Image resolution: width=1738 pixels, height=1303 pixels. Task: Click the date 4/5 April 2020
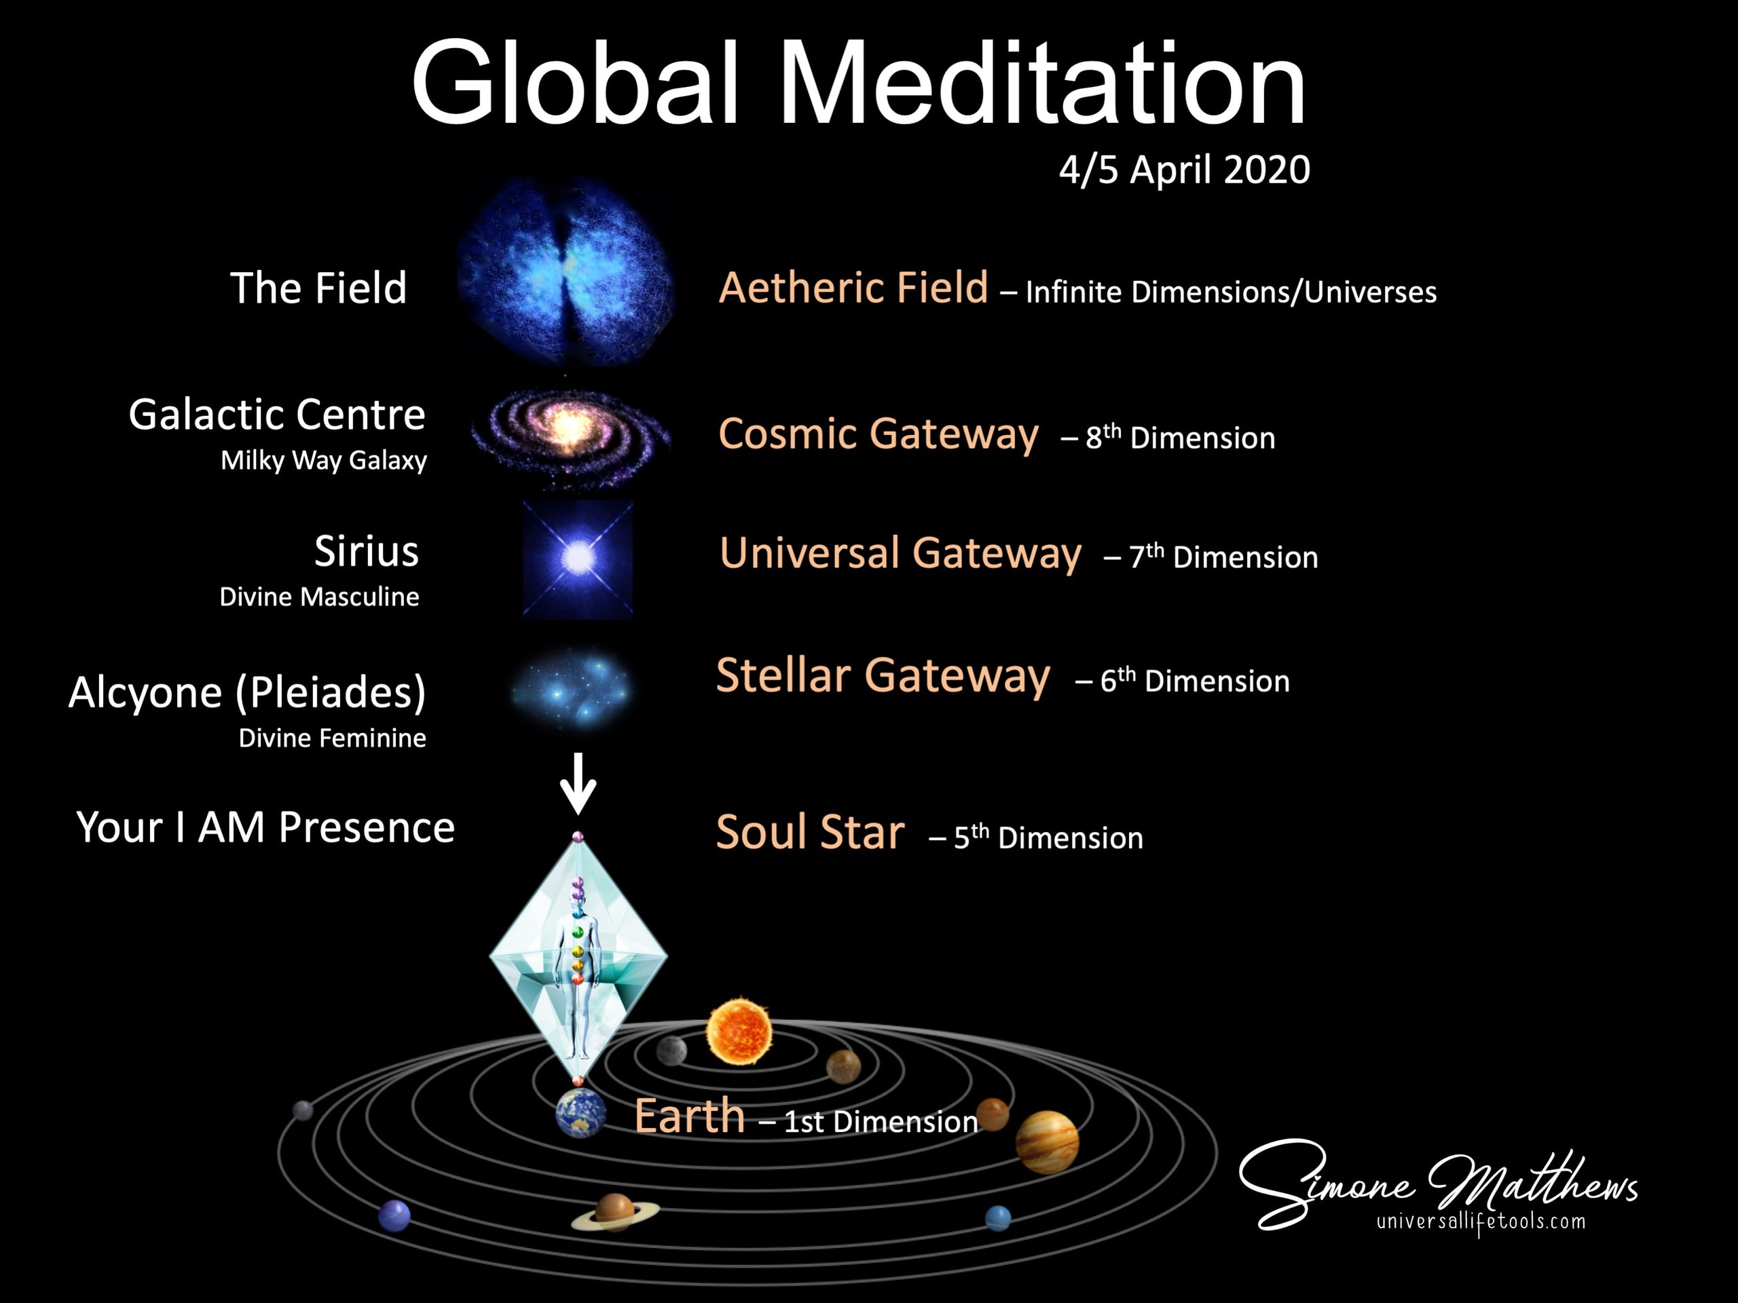1184,170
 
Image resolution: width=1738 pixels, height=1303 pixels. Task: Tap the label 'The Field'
318,288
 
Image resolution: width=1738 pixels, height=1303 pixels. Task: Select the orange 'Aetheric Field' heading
853,288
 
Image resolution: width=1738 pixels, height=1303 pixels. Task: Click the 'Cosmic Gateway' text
879,434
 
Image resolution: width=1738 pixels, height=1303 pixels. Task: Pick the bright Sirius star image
578,559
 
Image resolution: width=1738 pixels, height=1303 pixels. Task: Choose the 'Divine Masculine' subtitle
319,597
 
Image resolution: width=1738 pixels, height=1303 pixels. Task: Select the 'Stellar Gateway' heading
883,676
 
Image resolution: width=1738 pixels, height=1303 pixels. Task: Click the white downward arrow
578,783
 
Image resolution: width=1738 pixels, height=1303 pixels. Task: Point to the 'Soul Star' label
810,833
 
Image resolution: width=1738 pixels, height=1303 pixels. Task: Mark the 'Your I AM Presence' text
265,827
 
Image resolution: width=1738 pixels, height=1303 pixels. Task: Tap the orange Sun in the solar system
739,1032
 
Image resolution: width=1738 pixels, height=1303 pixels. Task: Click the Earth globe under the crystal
580,1112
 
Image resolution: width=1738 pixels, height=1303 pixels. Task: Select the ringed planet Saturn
614,1212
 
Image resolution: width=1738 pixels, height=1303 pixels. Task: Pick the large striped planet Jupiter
1047,1142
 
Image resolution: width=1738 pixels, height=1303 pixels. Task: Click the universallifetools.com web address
1481,1222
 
